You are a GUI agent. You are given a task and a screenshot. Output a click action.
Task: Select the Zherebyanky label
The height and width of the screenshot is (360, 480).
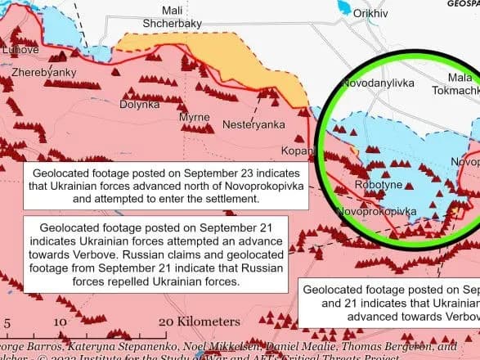[x=43, y=73]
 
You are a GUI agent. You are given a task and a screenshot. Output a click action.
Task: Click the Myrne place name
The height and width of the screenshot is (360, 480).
[x=194, y=119]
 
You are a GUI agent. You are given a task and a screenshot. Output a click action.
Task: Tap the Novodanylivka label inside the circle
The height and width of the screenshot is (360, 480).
[x=378, y=83]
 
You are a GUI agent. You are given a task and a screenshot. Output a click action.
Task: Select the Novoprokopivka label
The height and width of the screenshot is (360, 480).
[x=376, y=212]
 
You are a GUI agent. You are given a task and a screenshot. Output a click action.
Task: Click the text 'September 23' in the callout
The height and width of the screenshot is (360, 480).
[x=216, y=173]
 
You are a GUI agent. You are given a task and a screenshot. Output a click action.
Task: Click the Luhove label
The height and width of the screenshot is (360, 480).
[x=22, y=50]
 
